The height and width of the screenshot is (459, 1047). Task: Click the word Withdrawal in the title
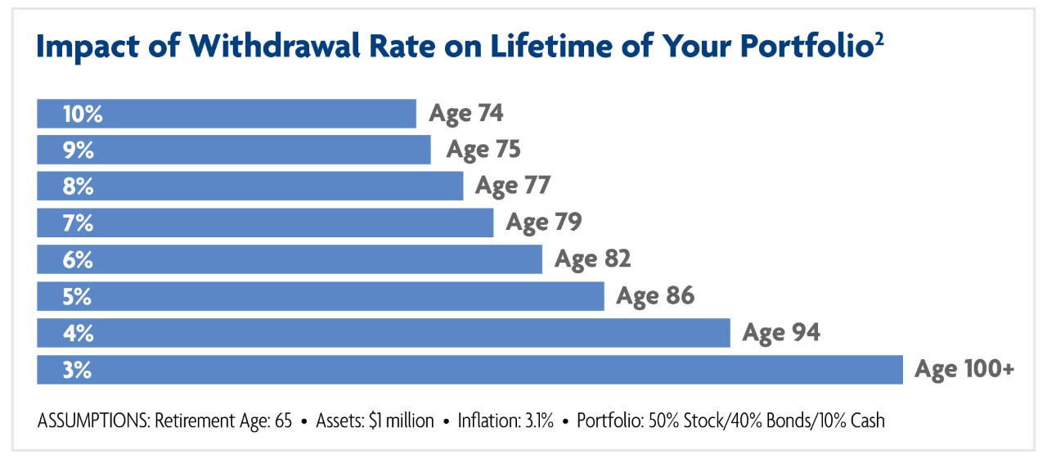click(x=274, y=46)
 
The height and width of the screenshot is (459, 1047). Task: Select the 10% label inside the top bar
click(x=83, y=114)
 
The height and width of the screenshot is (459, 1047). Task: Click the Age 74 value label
click(x=466, y=114)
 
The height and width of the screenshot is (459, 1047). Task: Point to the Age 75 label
click(x=483, y=150)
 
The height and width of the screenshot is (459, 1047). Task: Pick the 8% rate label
click(x=78, y=187)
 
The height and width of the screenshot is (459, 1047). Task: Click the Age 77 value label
click(x=513, y=186)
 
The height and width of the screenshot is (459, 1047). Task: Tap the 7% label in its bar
click(x=78, y=223)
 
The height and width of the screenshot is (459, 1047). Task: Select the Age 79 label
click(x=544, y=222)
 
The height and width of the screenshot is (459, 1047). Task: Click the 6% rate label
click(x=78, y=259)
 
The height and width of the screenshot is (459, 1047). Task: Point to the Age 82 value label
click(x=593, y=259)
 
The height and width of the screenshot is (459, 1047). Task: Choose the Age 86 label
click(x=655, y=296)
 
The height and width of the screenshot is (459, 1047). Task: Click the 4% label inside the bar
click(x=78, y=333)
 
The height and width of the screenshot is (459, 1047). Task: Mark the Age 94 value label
click(x=781, y=333)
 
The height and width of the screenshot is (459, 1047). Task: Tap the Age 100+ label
click(x=964, y=369)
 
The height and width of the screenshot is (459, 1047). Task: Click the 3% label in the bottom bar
click(x=77, y=370)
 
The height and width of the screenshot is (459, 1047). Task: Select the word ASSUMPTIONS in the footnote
click(x=94, y=421)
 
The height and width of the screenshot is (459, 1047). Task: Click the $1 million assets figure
click(x=402, y=421)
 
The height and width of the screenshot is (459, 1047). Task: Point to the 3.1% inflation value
click(x=539, y=421)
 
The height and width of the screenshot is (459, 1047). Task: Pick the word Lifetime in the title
click(x=551, y=46)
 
